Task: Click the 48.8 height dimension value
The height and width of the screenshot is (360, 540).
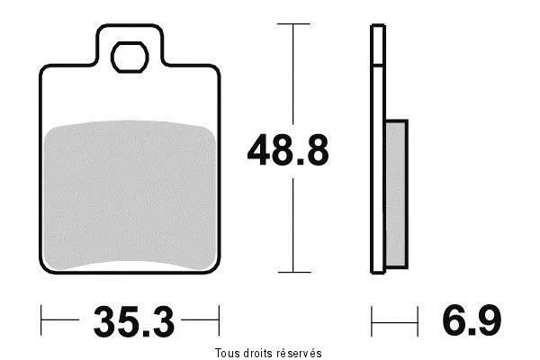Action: pos(288,150)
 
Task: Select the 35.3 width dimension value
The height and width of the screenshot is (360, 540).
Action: pos(134,321)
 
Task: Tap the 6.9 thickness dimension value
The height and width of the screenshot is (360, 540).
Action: pos(472,320)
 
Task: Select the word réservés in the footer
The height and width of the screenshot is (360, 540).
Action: pos(300,353)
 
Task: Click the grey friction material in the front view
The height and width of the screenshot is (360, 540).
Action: pos(130,194)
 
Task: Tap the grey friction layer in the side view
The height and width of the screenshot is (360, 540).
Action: pos(396,194)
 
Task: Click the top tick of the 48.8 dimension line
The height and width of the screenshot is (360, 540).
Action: pos(293,23)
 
